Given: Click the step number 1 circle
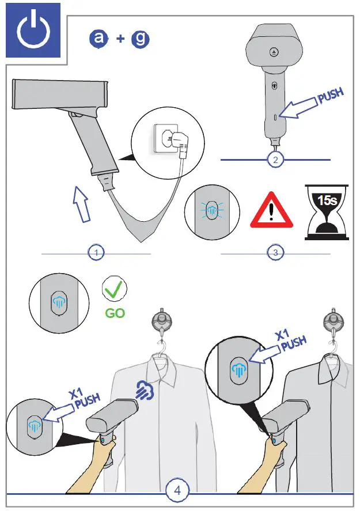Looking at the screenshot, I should coord(96,252).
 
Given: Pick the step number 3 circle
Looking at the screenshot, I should coord(275,252).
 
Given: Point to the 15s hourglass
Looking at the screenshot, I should coord(327,211).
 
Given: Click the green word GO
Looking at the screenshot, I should coord(115,314).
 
